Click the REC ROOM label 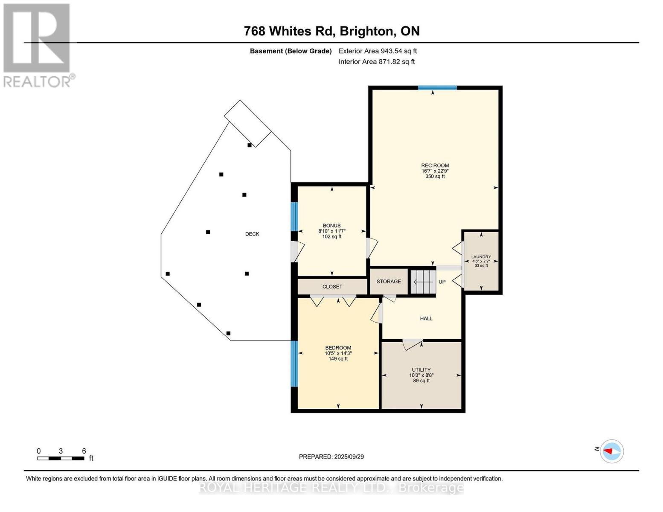(435, 166)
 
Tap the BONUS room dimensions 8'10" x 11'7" (331, 231)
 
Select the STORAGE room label (388, 281)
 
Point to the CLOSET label (332, 287)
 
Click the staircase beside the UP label (422, 282)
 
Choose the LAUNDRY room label (481, 257)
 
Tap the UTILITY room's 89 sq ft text (422, 381)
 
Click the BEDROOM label (338, 348)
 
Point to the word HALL (426, 319)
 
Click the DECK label (252, 234)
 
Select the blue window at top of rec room (437, 88)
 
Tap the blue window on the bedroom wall (294, 364)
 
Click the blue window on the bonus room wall (294, 216)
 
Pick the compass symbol (612, 451)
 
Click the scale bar (61, 458)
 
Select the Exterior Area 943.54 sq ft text (378, 51)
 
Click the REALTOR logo (38, 45)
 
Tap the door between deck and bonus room (297, 252)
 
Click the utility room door (413, 344)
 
